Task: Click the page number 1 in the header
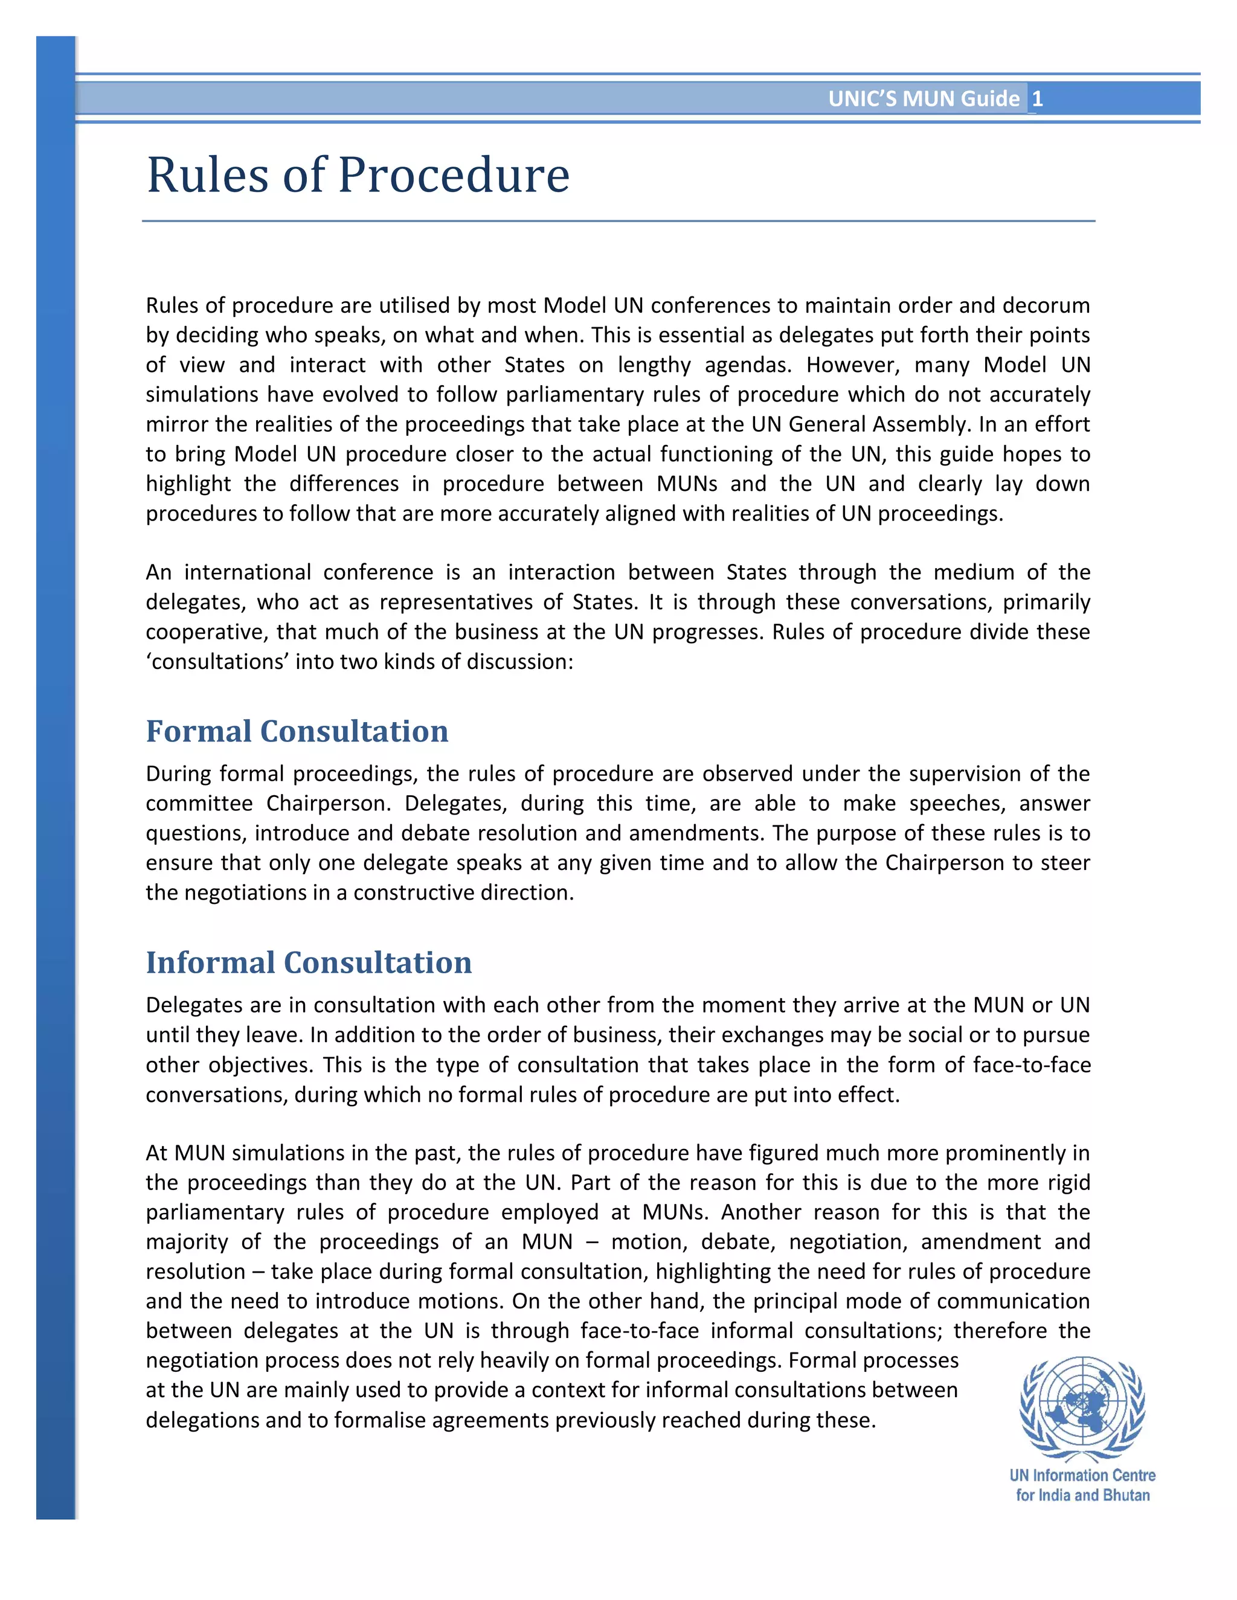pyautogui.click(x=1037, y=99)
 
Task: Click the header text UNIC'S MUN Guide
pyautogui.click(x=924, y=99)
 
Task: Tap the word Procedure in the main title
pyautogui.click(x=453, y=176)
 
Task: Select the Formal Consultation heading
pyautogui.click(x=297, y=731)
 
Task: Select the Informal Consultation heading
pyautogui.click(x=309, y=962)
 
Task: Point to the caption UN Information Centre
pyautogui.click(x=1082, y=1476)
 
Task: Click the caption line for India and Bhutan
pyautogui.click(x=1082, y=1495)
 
